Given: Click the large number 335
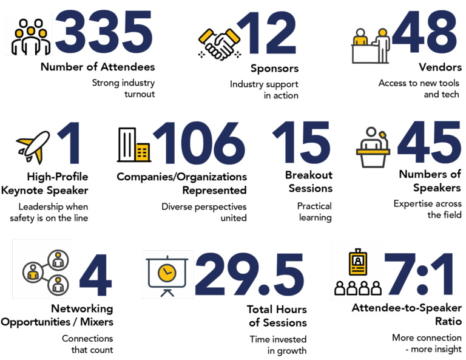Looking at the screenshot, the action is pos(104,32).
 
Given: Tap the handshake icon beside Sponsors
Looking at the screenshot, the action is pos(219,44).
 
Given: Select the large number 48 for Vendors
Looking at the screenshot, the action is pos(425,32).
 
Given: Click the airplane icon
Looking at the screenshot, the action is pos(33,147).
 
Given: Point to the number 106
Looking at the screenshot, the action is pos(199,143).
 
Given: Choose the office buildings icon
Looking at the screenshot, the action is pos(133,145).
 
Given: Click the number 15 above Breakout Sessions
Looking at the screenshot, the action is pos(301,143).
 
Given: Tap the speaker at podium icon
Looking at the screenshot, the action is pos(373,147).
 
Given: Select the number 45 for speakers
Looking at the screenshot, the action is pos(429,142).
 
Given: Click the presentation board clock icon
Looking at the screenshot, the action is pos(167,276).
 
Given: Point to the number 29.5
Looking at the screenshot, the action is pos(249,274).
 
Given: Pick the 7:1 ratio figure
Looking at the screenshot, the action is pos(419,274).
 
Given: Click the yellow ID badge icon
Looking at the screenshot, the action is pos(358,263).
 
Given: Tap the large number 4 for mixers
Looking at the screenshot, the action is pos(96,274).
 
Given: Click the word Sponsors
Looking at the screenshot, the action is pos(274,69).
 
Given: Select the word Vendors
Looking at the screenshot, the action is pos(440,67).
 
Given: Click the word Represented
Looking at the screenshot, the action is pos(215,190).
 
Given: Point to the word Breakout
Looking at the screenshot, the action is pos(309,175).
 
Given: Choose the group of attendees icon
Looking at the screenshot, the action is pos(30,37).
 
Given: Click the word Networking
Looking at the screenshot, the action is pos(82,309).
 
